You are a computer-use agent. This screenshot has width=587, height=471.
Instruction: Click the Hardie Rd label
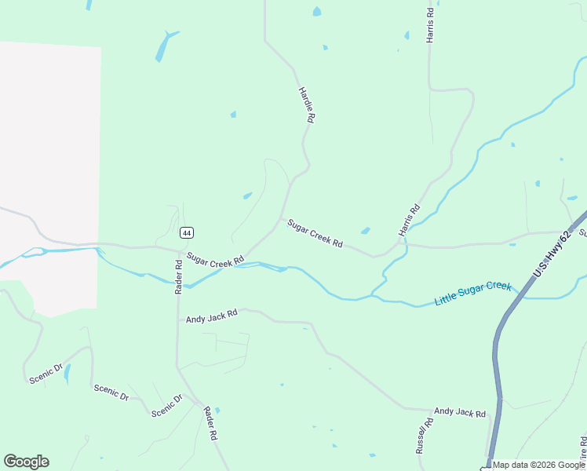coord(307,104)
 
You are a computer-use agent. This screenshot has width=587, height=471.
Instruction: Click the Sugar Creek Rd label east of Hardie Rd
coord(315,234)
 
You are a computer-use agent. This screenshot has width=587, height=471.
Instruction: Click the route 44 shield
coord(186,232)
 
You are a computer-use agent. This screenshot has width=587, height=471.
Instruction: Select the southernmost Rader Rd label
coord(210,423)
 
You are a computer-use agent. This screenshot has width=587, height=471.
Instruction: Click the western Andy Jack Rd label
coord(211,316)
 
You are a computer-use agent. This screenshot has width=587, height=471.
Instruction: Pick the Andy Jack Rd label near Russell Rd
coord(460,412)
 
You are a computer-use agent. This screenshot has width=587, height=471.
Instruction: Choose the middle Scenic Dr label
coord(111,392)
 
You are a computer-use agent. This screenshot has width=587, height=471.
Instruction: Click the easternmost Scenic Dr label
coord(167,405)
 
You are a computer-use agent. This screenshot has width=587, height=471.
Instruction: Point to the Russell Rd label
coord(425,436)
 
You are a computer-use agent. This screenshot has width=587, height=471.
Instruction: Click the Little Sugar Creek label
coord(472,294)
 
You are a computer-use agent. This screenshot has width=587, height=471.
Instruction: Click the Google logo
coord(26,462)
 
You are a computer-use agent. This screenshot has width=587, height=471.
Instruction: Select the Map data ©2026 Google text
coord(538,465)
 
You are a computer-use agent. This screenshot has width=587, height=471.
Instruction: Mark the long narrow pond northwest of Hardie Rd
coord(165,46)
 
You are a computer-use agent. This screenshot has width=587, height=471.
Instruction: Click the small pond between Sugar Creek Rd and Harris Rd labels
coord(365,231)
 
